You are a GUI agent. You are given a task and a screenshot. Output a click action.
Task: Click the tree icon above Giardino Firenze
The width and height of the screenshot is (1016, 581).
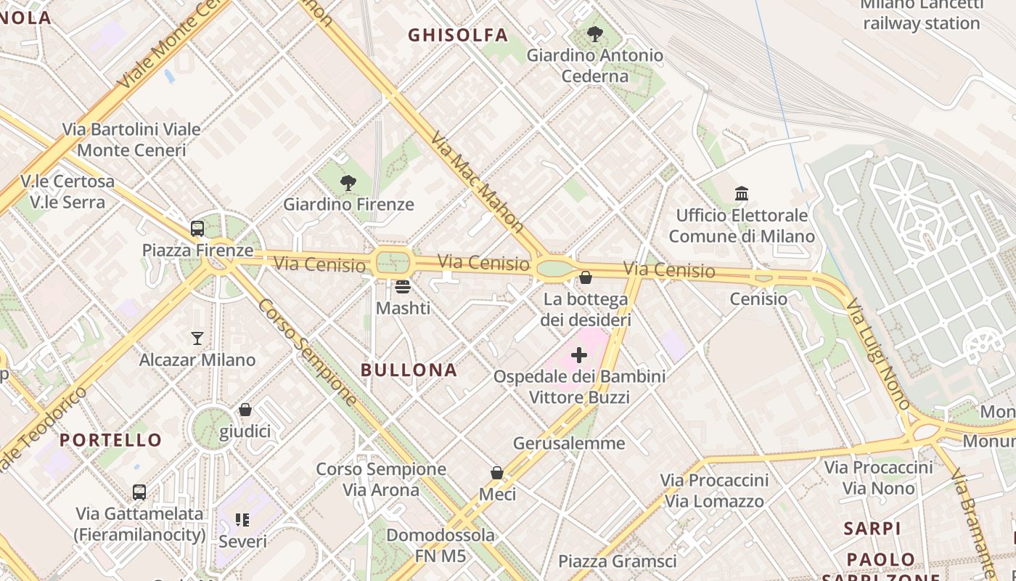348,183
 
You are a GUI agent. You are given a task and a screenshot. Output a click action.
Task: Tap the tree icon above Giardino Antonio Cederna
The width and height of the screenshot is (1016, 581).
595,33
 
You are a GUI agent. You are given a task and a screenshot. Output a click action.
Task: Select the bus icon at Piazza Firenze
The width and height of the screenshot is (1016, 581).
197,229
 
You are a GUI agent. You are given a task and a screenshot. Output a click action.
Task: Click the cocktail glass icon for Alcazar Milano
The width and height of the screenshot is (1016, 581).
197,338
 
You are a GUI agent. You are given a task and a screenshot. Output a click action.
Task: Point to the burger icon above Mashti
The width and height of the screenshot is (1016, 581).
403,286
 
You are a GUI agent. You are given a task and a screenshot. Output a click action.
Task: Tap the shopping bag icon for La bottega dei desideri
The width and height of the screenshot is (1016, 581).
586,277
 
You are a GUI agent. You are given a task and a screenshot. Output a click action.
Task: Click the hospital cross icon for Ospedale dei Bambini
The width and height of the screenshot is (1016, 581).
579,355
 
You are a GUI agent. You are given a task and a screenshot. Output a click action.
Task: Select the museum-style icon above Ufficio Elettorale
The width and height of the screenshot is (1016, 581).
742,194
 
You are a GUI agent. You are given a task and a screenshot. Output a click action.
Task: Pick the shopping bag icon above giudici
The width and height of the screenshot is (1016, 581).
245,410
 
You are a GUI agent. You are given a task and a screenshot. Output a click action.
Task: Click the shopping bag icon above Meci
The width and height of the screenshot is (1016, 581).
497,473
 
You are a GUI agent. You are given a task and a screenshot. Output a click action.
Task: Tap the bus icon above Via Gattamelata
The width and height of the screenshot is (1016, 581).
139,492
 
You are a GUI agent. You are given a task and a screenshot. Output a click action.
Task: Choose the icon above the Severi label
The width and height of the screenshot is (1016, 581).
242,519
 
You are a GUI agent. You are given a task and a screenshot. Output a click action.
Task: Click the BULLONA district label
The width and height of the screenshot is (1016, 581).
409,370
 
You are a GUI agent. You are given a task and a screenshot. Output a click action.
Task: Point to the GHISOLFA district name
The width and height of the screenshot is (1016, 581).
458,35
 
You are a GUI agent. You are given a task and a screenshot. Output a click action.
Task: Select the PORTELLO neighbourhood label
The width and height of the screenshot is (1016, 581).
111,439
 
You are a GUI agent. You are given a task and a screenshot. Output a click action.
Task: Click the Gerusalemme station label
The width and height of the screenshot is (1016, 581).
569,443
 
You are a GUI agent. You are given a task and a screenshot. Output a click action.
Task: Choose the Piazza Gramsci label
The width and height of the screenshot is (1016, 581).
617,561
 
